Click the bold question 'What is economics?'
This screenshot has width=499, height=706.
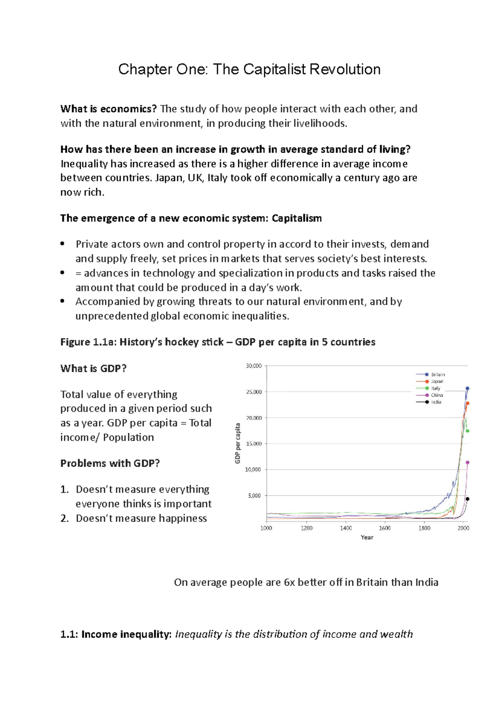pyautogui.click(x=108, y=109)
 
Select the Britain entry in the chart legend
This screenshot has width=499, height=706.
pyautogui.click(x=437, y=375)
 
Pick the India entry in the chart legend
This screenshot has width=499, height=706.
pyautogui.click(x=436, y=402)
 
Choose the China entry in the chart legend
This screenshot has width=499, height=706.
pyautogui.click(x=437, y=395)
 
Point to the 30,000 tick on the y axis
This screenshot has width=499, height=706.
pyautogui.click(x=254, y=366)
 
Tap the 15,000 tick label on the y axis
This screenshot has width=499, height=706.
pyautogui.click(x=254, y=444)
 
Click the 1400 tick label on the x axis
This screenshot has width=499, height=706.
pyautogui.click(x=346, y=528)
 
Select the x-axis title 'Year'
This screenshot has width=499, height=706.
pyautogui.click(x=367, y=537)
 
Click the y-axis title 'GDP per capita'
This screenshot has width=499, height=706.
pyautogui.click(x=238, y=443)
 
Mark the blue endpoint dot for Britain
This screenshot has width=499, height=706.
pyautogui.click(x=467, y=388)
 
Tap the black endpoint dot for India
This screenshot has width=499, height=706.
pyautogui.click(x=467, y=499)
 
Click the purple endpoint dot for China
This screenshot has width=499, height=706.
pyautogui.click(x=467, y=462)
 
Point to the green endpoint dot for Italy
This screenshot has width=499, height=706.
pyautogui.click(x=467, y=431)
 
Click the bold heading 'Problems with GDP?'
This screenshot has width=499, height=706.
pyautogui.click(x=110, y=463)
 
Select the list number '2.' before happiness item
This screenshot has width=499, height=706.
pyautogui.click(x=64, y=518)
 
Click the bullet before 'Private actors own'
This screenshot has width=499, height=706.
pyautogui.click(x=62, y=244)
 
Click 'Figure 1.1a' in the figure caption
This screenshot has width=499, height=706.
pyautogui.click(x=88, y=342)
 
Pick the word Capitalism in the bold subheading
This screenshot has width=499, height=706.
pyautogui.click(x=296, y=218)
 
